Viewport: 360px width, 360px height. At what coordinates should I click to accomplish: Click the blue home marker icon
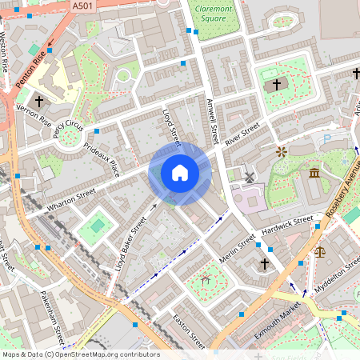tap(180, 173)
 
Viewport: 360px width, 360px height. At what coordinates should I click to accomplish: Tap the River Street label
tap(242, 134)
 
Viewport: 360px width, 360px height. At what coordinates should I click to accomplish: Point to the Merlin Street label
tap(237, 249)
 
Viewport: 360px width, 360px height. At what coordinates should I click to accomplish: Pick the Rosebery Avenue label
tap(342, 189)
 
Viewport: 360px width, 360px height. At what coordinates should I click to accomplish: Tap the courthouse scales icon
tap(321, 250)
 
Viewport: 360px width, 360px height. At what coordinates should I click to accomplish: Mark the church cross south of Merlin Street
tap(265, 263)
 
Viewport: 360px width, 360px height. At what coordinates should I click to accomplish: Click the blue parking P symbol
tap(326, 138)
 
